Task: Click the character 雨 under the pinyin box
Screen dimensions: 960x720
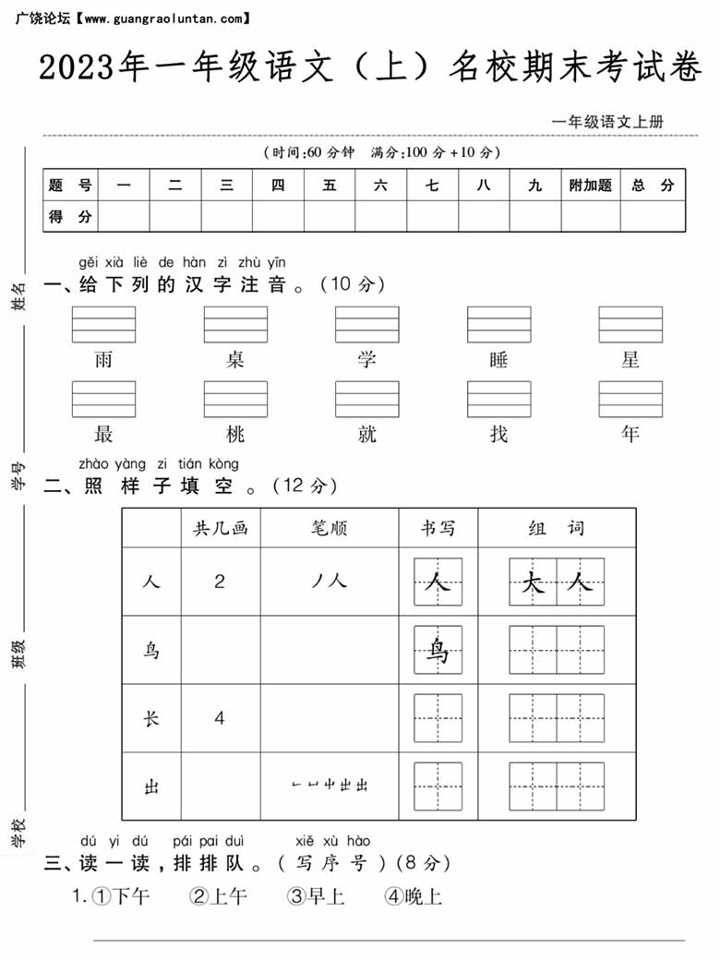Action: tap(103, 360)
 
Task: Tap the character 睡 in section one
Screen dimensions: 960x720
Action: tap(498, 360)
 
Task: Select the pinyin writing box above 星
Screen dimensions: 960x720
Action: tap(630, 324)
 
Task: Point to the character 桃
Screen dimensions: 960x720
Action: tap(235, 433)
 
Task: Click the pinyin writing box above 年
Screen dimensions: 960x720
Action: tap(630, 399)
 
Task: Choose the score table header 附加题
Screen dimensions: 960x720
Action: tap(590, 186)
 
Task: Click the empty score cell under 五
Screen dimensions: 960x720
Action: tap(330, 217)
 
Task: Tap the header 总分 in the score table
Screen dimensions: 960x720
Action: tap(653, 186)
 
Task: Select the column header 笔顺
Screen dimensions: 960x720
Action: tap(330, 528)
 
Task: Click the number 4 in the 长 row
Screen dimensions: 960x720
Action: tap(220, 718)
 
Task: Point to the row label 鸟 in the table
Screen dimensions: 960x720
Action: tap(151, 650)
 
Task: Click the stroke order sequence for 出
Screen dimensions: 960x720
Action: tap(330, 786)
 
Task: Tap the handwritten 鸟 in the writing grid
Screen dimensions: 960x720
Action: tap(438, 651)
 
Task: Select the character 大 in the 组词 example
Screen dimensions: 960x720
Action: tap(533, 582)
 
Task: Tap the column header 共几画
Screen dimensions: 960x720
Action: tap(220, 528)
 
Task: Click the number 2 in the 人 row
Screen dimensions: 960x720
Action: tap(220, 582)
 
